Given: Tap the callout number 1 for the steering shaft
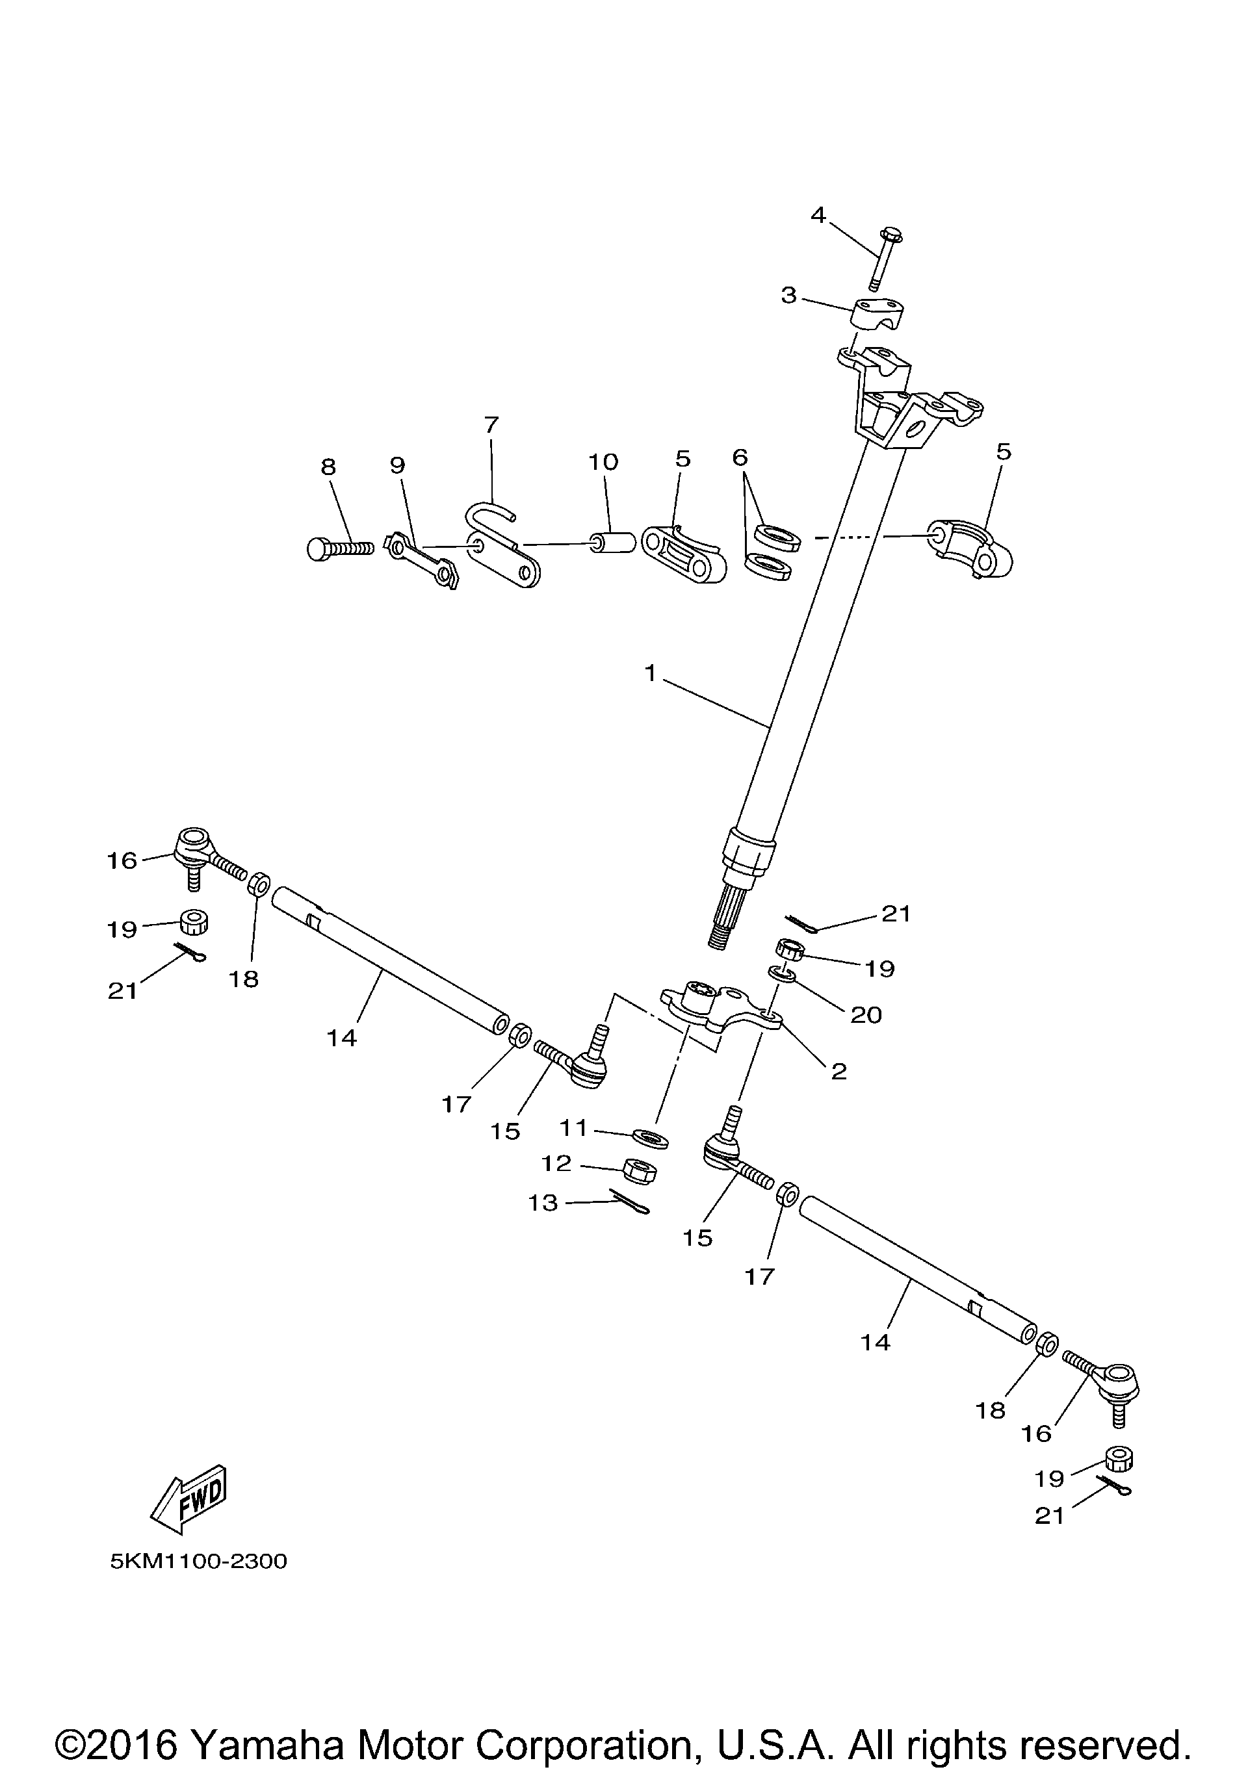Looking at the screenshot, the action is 650,674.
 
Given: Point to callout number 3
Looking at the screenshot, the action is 788,295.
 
